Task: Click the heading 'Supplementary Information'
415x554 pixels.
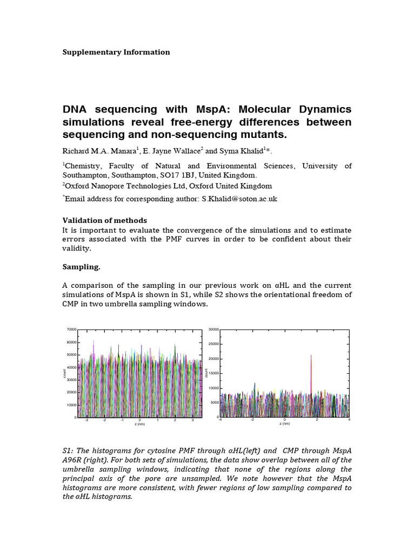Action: click(116, 52)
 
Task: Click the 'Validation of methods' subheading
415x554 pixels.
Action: click(105, 220)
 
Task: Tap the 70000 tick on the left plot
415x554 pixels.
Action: click(71, 329)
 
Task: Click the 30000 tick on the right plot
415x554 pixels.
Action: click(212, 329)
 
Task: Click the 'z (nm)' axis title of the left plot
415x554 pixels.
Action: click(140, 424)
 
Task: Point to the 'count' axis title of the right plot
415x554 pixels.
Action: click(205, 373)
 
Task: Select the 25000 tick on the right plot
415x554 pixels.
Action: click(212, 344)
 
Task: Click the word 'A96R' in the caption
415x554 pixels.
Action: click(72, 460)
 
